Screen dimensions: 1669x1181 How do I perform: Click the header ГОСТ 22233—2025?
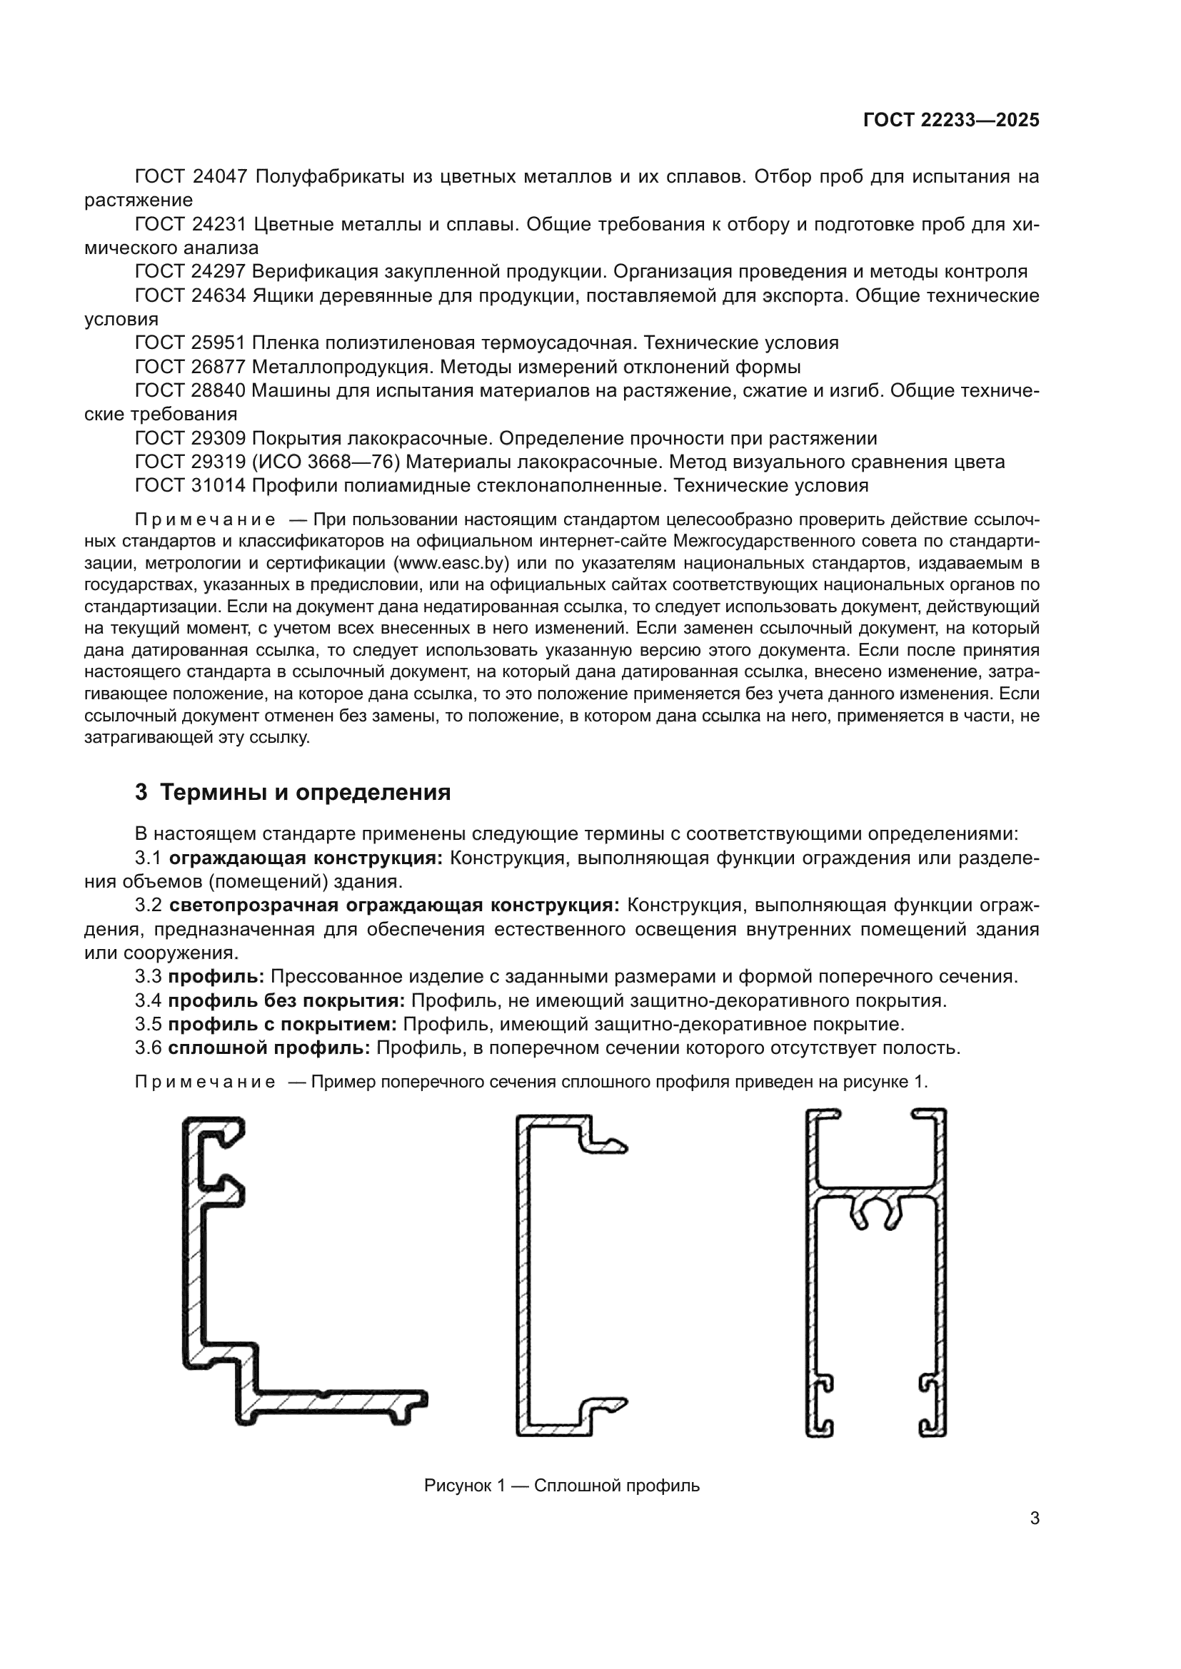pyautogui.click(x=950, y=120)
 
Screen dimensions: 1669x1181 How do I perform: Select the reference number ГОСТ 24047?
pyautogui.click(x=191, y=177)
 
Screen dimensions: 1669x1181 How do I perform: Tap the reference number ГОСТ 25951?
pyautogui.click(x=191, y=343)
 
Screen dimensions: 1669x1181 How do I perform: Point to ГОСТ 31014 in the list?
pyautogui.click(x=191, y=486)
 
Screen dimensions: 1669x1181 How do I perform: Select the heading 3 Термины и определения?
pyautogui.click(x=292, y=792)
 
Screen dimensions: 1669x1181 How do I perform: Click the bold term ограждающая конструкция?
pyautogui.click(x=306, y=858)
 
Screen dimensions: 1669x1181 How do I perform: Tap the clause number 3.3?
pyautogui.click(x=149, y=977)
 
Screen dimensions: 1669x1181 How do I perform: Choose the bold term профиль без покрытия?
pyautogui.click(x=286, y=1001)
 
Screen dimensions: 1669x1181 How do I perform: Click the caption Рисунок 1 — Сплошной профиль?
pyautogui.click(x=561, y=1485)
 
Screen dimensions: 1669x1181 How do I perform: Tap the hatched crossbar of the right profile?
pyautogui.click(x=875, y=1194)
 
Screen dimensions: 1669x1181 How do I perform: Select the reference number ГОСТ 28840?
pyautogui.click(x=191, y=391)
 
